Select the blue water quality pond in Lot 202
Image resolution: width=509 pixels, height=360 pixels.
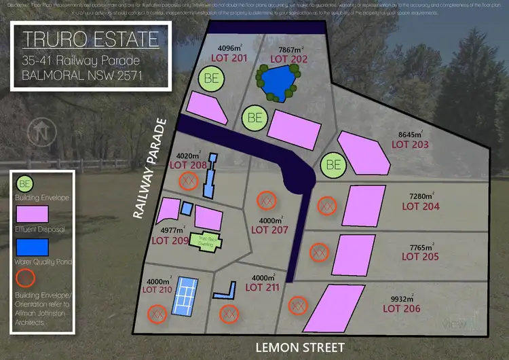pos(278,82)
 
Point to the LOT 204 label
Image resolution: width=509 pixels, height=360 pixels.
pos(420,206)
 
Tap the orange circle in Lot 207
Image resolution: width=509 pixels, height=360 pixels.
pos(265,200)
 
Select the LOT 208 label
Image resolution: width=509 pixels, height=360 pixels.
pos(188,165)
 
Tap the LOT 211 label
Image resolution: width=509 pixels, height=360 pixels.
pos(261,287)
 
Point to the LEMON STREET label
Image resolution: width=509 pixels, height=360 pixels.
pos(299,348)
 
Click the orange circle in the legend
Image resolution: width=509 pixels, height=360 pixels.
pos(26,278)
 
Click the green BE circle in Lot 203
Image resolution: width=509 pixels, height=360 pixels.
pos(333,164)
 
